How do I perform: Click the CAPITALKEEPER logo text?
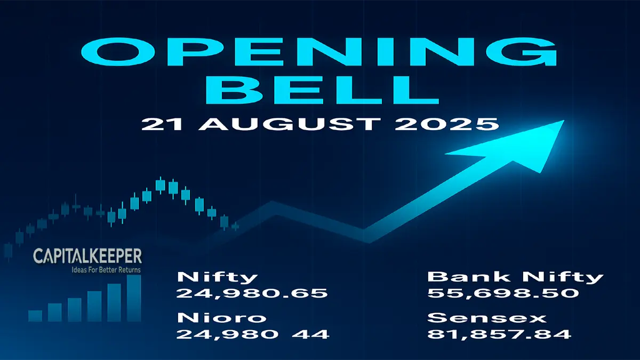87,257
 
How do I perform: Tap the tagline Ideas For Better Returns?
107,270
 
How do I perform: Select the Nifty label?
217,277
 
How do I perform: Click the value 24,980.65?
252,293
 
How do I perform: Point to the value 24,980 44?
253,334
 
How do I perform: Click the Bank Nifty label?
515,277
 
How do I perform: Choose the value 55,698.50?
503,293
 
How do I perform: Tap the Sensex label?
487,318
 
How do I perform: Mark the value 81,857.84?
499,334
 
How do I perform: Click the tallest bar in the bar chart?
134,298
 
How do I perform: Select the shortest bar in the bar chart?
35,316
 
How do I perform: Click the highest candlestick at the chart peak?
160,185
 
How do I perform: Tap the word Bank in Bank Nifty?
458,277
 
